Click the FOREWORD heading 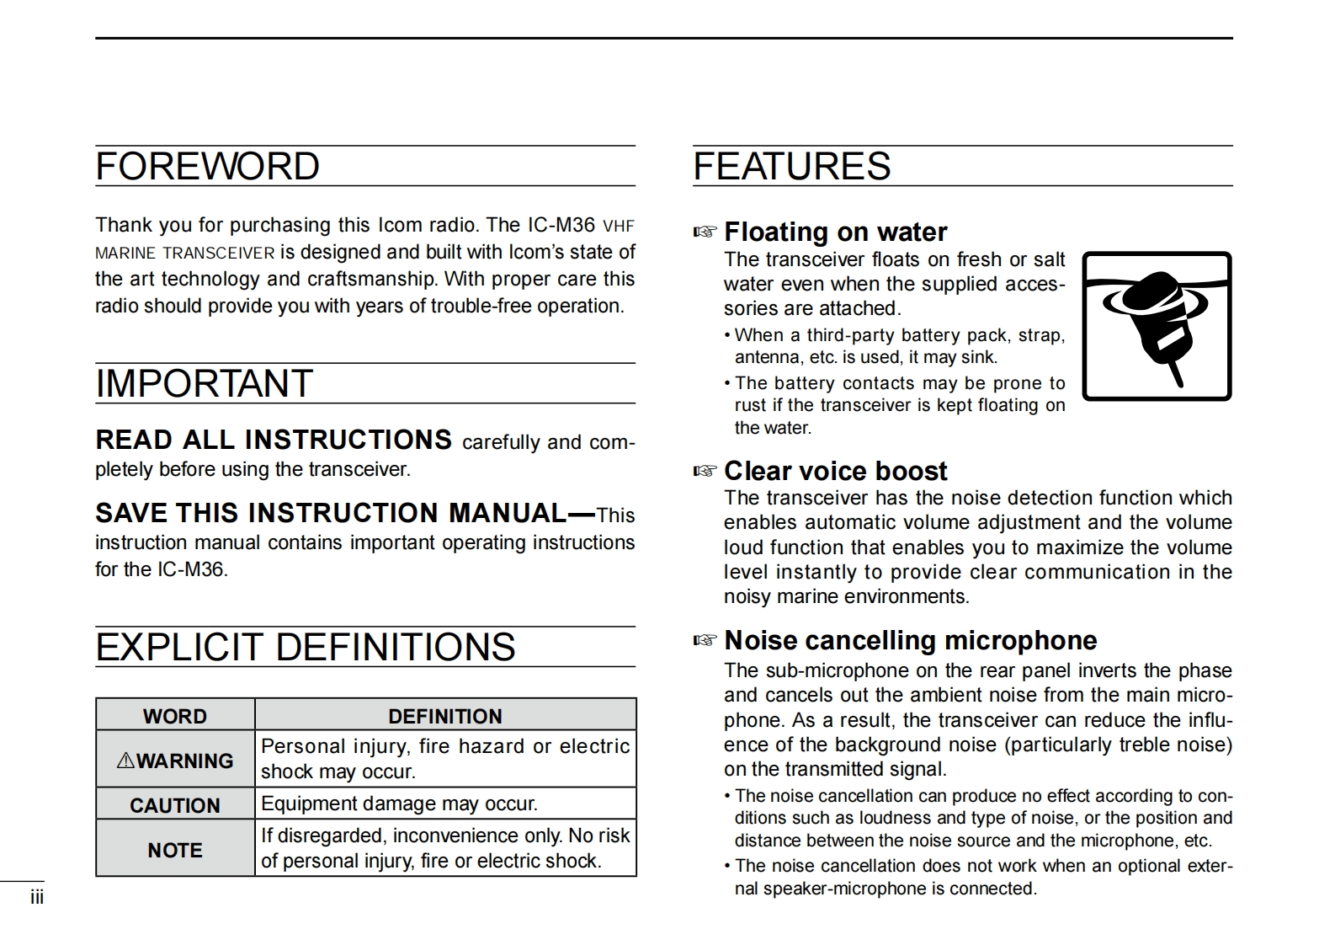[207, 167]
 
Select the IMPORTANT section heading [204, 384]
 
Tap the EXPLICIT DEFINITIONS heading [305, 648]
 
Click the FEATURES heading [791, 167]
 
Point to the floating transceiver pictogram [1157, 326]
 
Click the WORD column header [175, 716]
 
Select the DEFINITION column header [444, 716]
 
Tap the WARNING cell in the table [175, 761]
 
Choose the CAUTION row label [175, 805]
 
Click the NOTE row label [175, 850]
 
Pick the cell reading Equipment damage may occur [399, 804]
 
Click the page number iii [37, 898]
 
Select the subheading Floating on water [835, 232]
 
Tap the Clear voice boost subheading [835, 471]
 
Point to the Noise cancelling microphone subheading [910, 640]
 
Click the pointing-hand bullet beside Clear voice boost [705, 471]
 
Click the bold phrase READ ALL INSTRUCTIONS [274, 440]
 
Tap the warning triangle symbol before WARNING [125, 761]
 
